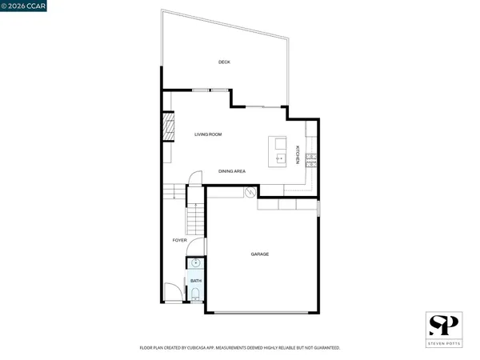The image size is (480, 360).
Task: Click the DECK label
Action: [x=224, y=62]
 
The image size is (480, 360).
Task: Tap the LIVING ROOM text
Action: [x=208, y=134]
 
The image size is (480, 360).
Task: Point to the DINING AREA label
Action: [x=232, y=171]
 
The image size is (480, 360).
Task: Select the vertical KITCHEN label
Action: [x=298, y=154]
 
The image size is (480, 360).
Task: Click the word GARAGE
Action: [x=259, y=254]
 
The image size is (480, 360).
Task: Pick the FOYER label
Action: [x=179, y=240]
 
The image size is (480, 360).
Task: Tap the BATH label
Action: [x=196, y=280]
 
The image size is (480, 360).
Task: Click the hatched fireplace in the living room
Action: [x=167, y=127]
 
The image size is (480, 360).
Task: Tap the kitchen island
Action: [x=278, y=151]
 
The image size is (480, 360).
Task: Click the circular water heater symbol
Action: [x=250, y=192]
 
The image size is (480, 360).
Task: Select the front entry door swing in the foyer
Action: [x=172, y=294]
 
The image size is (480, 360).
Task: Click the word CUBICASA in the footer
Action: [x=202, y=348]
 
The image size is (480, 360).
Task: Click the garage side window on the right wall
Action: [x=318, y=208]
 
